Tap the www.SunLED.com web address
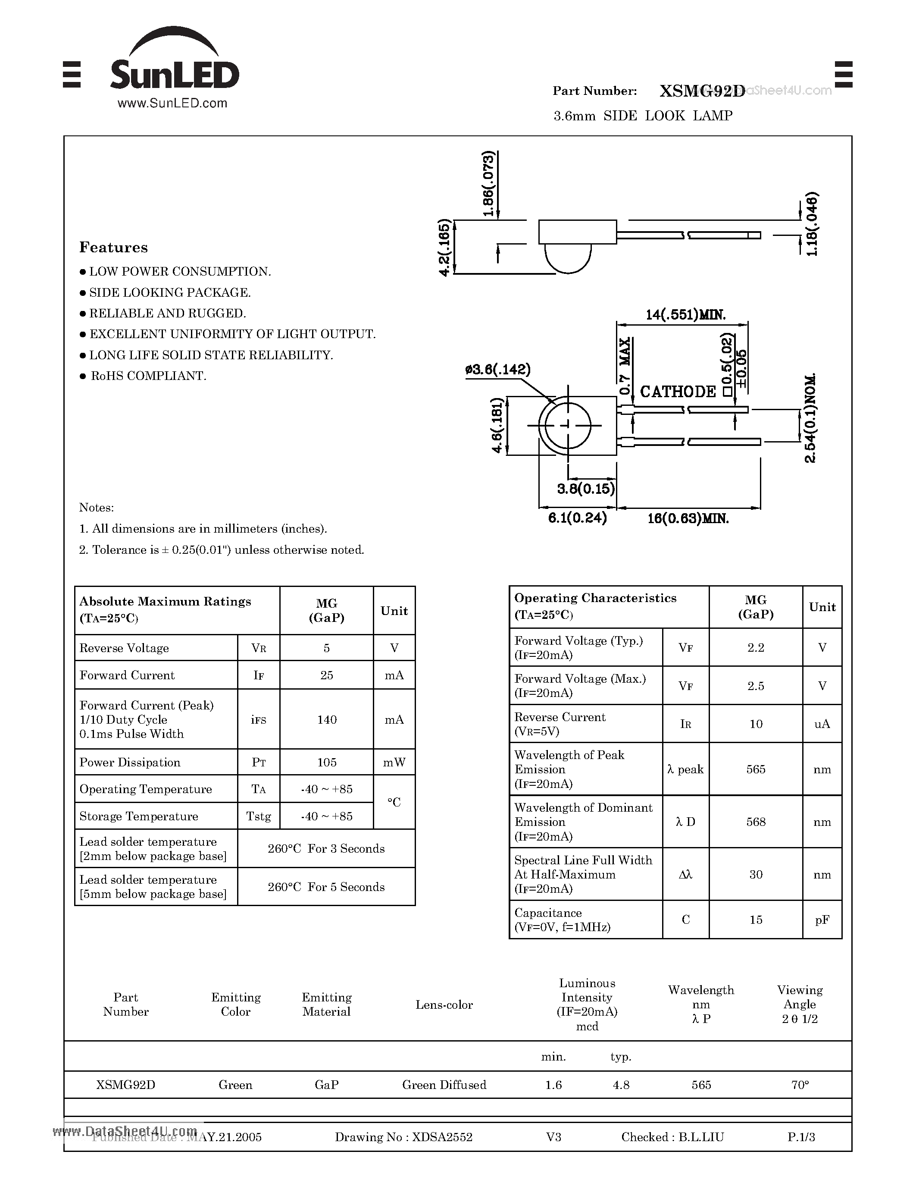click(172, 103)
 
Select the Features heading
click(113, 248)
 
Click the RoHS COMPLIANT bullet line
click(147, 376)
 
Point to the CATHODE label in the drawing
click(678, 392)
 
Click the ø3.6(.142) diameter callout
click(497, 370)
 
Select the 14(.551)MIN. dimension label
click(685, 314)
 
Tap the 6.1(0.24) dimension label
click(577, 518)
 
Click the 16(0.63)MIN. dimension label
click(688, 518)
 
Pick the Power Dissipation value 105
click(327, 762)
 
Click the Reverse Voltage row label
click(124, 648)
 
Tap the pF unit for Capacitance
click(822, 919)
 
